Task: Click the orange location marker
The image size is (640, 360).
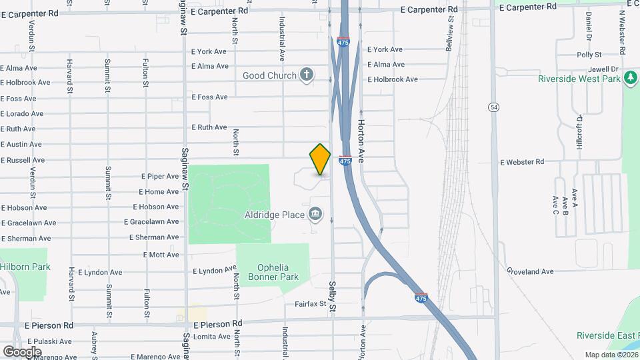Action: pyautogui.click(x=320, y=159)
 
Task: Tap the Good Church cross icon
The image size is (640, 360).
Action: pyautogui.click(x=307, y=74)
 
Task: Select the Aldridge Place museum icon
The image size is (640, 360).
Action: pyautogui.click(x=316, y=214)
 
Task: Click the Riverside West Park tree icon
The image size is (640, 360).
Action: pyautogui.click(x=630, y=79)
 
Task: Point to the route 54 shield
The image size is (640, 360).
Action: pyautogui.click(x=493, y=107)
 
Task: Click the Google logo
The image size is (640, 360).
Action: pyautogui.click(x=22, y=351)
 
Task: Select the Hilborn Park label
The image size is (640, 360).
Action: pyautogui.click(x=25, y=267)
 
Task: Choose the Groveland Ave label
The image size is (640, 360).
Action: pyautogui.click(x=530, y=271)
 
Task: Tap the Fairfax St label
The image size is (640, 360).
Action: pyautogui.click(x=310, y=304)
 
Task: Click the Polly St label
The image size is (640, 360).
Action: pyautogui.click(x=589, y=55)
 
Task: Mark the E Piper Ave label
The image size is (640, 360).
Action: pyautogui.click(x=159, y=177)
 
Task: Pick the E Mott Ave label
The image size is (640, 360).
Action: pyautogui.click(x=161, y=255)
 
